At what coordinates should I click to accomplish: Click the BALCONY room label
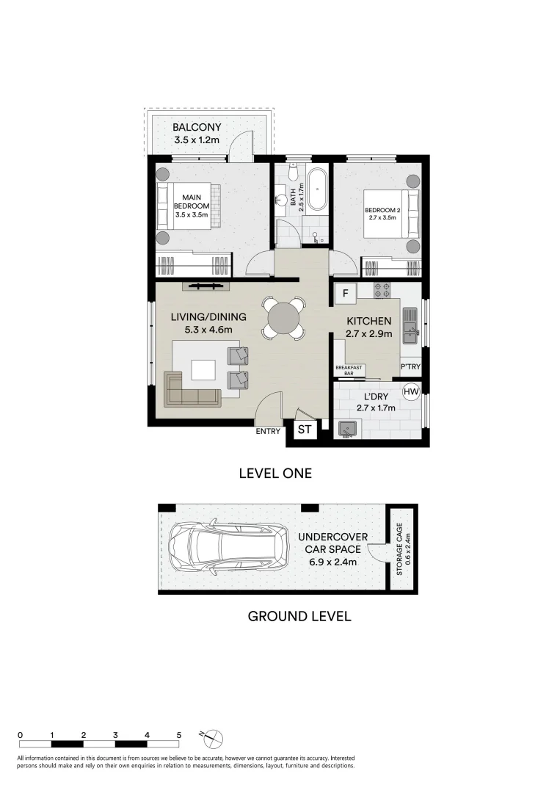tap(197, 128)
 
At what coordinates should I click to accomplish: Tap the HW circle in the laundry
tap(412, 391)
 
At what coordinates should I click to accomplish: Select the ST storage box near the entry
tap(305, 430)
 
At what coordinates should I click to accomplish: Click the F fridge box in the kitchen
tap(346, 293)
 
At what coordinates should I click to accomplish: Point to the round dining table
tap(283, 318)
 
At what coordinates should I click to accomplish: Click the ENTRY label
tap(268, 432)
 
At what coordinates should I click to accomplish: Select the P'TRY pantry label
tap(410, 366)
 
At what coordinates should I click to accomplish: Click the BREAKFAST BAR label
tap(349, 370)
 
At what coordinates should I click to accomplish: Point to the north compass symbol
tap(214, 739)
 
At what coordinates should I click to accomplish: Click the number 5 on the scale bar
tap(179, 735)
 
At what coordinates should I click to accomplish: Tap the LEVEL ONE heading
tap(275, 474)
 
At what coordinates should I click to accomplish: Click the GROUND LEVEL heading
tap(299, 617)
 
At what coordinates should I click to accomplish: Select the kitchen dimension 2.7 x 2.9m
tap(369, 334)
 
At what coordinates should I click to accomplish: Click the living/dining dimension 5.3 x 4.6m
tap(208, 330)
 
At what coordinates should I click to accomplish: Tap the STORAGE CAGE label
tap(399, 549)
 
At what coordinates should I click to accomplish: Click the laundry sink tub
tap(346, 430)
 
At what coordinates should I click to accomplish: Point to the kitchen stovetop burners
tap(382, 290)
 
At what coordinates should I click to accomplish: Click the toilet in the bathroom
tap(291, 171)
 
